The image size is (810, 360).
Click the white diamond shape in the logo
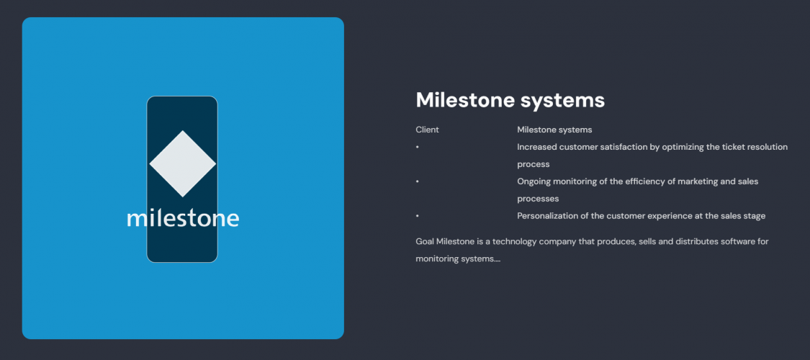[x=182, y=163]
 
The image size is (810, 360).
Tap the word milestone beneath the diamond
[x=182, y=217]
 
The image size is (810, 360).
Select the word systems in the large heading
[x=569, y=100]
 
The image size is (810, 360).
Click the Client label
[x=427, y=130]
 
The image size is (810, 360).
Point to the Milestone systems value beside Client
[x=554, y=130]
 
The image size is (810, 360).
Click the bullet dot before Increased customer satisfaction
[x=417, y=148]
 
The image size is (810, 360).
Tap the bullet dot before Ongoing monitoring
[x=417, y=182]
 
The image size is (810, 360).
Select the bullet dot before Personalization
[x=417, y=216]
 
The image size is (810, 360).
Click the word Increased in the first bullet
[x=536, y=147]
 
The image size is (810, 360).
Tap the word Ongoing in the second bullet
[x=534, y=181]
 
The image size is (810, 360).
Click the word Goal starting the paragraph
[x=425, y=241]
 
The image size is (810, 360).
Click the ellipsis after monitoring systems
[x=498, y=259]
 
